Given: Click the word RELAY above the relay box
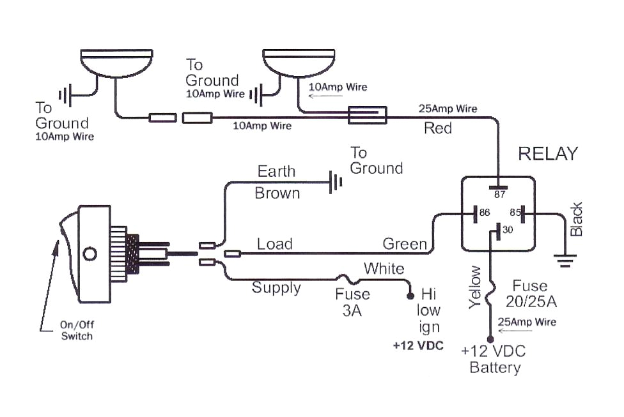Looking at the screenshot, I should pyautogui.click(x=547, y=154).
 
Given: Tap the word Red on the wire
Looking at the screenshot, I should pyautogui.click(x=438, y=128).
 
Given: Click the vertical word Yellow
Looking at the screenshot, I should pyautogui.click(x=474, y=288).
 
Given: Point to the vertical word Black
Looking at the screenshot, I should pyautogui.click(x=577, y=219).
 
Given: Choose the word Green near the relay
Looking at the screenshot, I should pyautogui.click(x=404, y=244).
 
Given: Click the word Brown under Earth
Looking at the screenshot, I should pyautogui.click(x=277, y=193).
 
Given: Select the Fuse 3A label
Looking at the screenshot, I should pyautogui.click(x=352, y=302).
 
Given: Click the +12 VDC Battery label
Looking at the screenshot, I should pyautogui.click(x=494, y=360).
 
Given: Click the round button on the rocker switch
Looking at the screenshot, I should pyautogui.click(x=90, y=254).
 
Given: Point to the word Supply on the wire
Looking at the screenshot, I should pyautogui.click(x=276, y=287).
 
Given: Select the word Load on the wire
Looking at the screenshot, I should pyautogui.click(x=274, y=244).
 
